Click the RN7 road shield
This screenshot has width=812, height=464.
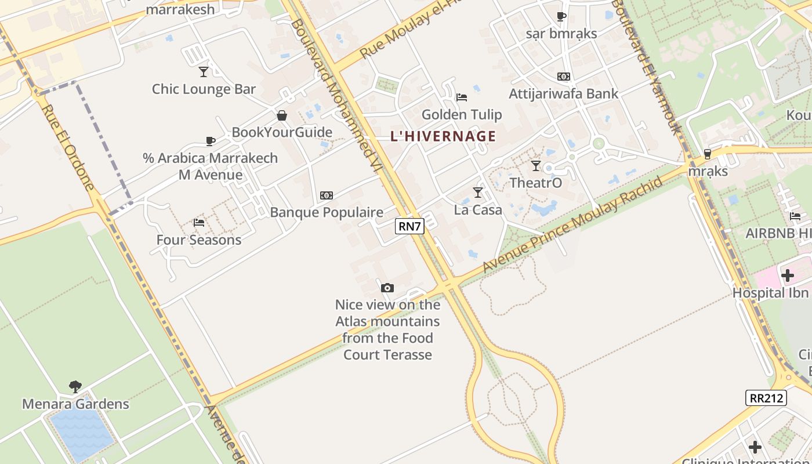[409, 226]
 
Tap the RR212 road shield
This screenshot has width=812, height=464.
[766, 398]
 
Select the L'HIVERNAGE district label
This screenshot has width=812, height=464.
[443, 136]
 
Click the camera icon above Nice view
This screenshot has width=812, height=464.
[387, 288]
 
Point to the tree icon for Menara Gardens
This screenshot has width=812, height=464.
[75, 386]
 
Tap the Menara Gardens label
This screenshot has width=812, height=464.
[75, 404]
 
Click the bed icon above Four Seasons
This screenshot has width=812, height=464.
[199, 223]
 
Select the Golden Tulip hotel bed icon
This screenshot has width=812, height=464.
[461, 97]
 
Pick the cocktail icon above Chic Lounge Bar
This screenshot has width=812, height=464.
[204, 72]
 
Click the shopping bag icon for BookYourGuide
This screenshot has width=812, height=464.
[282, 115]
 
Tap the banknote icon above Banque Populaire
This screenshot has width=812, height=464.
[327, 195]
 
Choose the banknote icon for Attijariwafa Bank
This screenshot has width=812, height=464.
[563, 77]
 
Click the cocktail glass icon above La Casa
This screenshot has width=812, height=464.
[478, 192]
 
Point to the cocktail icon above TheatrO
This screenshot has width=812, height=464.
[536, 166]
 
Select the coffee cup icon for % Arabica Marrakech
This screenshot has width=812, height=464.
[211, 141]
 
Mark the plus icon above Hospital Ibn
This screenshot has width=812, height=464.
[788, 275]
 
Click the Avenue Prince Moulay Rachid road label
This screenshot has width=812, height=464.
[573, 225]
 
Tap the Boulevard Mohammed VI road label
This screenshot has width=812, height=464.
[336, 96]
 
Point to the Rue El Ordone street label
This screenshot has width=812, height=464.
[68, 147]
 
